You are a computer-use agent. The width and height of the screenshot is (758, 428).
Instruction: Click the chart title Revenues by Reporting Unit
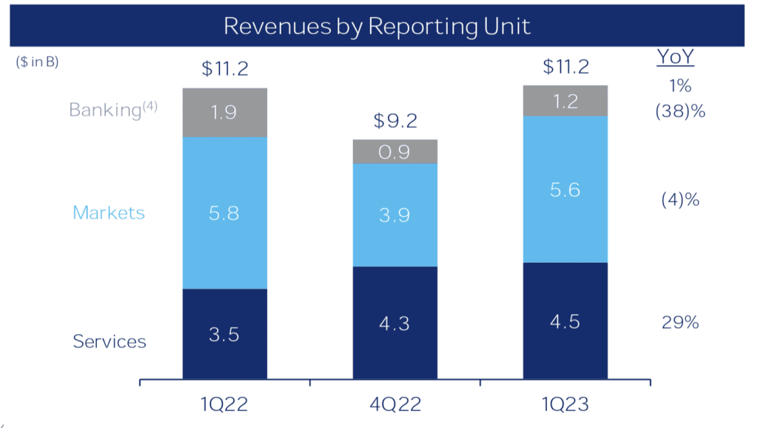377,26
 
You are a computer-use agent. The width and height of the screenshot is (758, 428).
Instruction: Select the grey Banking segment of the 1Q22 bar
224,113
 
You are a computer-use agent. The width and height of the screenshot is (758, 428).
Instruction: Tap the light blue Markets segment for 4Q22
395,215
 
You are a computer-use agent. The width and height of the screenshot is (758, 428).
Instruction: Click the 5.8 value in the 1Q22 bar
224,213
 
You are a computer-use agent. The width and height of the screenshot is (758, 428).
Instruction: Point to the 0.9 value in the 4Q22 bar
395,152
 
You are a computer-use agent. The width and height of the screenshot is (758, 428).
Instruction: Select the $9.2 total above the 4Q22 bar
395,121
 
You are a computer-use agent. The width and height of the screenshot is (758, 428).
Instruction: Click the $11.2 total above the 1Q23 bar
566,67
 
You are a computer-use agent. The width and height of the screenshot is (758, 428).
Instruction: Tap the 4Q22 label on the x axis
395,404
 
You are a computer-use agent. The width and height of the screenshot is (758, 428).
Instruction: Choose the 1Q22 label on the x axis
224,404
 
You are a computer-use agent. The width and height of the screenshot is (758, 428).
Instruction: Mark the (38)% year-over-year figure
680,113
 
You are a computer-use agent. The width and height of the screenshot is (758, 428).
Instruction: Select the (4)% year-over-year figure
680,200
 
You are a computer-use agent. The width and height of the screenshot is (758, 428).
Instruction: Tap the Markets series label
108,213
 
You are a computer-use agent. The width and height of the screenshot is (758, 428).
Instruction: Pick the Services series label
110,341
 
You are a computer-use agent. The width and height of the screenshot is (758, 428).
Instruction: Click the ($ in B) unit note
37,62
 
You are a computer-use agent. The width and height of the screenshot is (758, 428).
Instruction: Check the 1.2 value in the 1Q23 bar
565,101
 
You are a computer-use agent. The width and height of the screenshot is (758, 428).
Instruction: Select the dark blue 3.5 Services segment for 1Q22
224,333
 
